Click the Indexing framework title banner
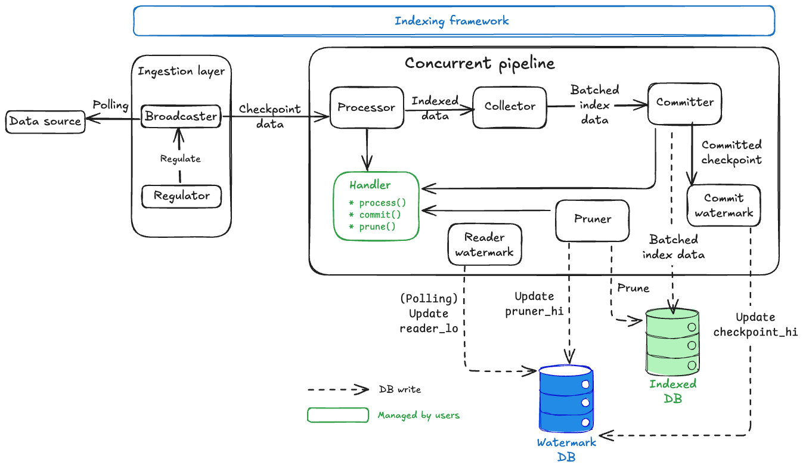453,21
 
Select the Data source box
45,122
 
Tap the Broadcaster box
181,116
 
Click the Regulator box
181,196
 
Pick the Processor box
366,107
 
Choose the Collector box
510,107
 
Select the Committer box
684,103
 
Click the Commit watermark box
724,206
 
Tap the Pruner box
592,219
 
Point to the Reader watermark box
484,244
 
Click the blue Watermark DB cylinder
566,399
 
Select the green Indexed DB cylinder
672,342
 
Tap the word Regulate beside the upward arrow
180,159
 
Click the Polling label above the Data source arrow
110,106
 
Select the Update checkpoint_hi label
755,324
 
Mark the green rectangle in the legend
337,415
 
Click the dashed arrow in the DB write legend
338,389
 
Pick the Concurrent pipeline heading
479,63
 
